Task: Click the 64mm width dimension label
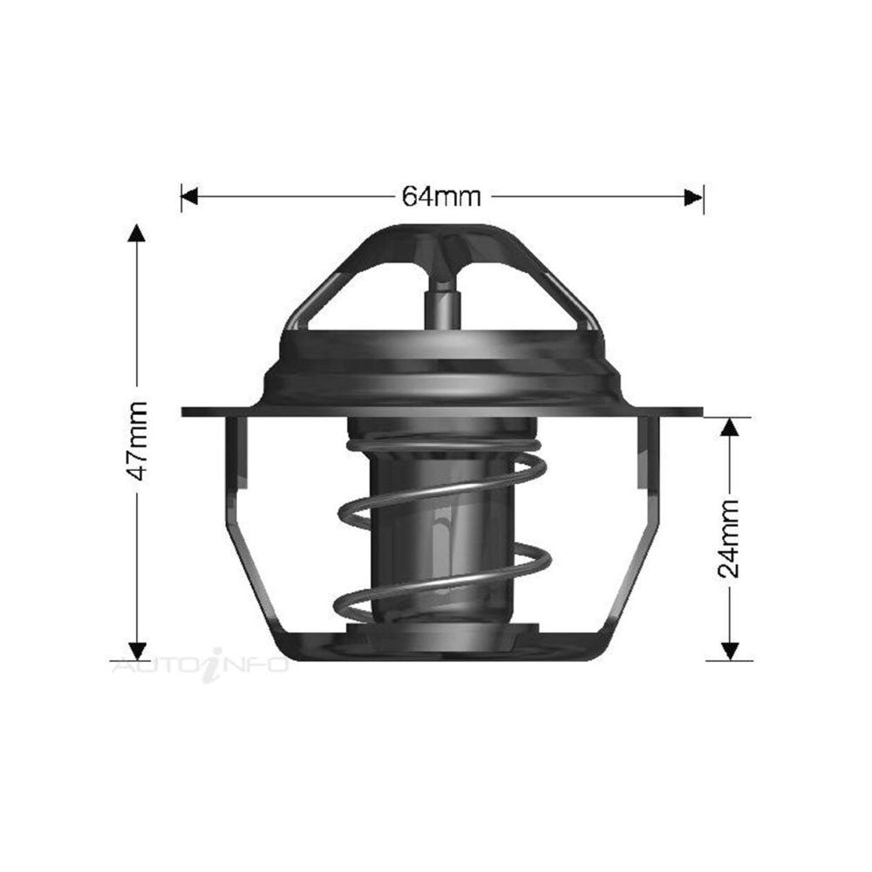coord(441,197)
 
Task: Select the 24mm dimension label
coord(728,539)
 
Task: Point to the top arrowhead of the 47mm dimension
coord(137,234)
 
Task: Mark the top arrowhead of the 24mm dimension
coord(729,426)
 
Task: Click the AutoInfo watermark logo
coord(201,666)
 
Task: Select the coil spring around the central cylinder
coord(523,558)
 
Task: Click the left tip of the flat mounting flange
coord(186,412)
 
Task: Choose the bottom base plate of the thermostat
coord(441,645)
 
